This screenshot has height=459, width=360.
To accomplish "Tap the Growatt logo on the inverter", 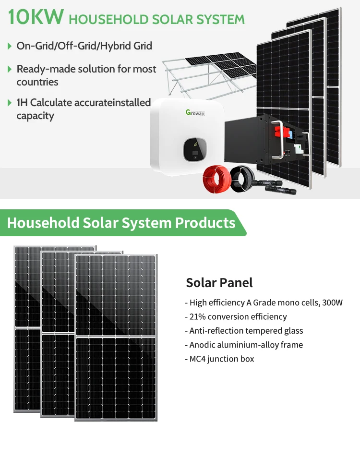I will tap(195, 112).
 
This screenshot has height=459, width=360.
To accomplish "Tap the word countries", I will tap(37, 82).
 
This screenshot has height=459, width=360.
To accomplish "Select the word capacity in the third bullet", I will tap(35, 116).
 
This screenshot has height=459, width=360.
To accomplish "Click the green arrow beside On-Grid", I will tap(10, 46).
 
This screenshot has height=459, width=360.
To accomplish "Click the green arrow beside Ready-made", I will tap(10, 69).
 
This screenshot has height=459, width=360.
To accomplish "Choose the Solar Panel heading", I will tap(219, 282).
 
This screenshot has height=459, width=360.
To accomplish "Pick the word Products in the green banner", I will tap(205, 223).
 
